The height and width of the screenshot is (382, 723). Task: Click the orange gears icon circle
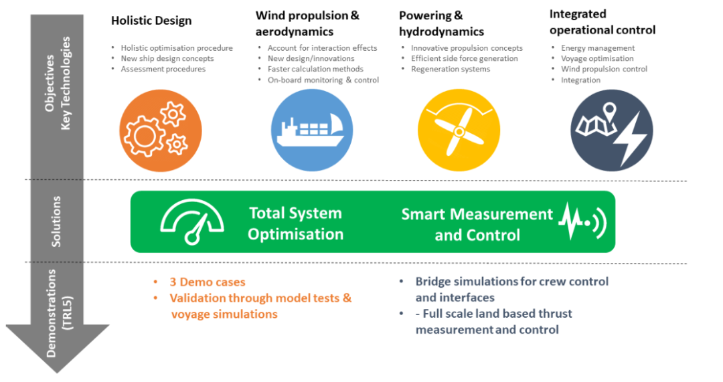(161, 130)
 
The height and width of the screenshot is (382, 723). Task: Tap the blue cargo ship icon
(312, 130)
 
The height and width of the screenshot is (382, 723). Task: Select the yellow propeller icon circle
(459, 130)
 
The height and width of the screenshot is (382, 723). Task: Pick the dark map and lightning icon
(612, 130)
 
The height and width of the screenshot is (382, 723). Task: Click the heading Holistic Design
(151, 21)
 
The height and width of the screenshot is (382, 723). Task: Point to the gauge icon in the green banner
(192, 221)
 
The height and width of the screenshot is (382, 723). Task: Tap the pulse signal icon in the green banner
(582, 221)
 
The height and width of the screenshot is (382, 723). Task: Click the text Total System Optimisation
(296, 223)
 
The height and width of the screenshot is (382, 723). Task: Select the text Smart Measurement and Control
(477, 224)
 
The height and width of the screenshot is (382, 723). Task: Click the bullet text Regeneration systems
(451, 69)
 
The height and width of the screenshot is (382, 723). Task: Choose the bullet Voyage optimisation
(597, 58)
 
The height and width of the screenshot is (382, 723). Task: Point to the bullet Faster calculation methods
(315, 69)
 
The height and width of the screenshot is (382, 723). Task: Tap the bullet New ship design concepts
(167, 58)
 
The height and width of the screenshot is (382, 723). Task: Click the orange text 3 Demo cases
(208, 282)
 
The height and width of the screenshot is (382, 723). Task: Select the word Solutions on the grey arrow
(56, 221)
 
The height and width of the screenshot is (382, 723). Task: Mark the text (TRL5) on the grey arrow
(68, 313)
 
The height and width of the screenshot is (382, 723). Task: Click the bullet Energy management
(598, 48)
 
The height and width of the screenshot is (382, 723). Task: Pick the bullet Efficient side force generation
(465, 58)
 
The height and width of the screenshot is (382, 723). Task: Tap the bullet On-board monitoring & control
(323, 80)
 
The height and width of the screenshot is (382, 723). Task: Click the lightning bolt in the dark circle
(633, 139)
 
